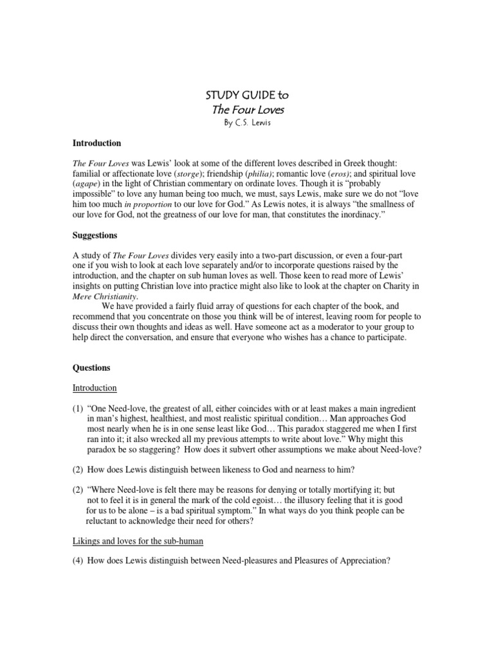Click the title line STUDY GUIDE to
point(246,96)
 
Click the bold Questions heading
point(91,368)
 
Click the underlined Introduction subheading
point(94,388)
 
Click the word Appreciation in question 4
point(365,560)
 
